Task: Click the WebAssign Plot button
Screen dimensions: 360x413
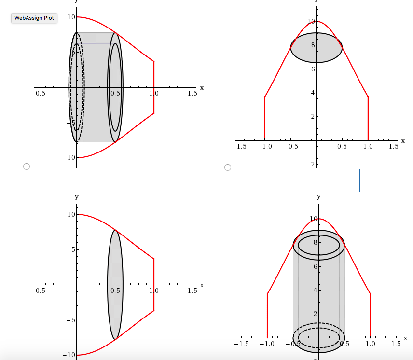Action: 34,18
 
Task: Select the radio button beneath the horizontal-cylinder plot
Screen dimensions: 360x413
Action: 27,166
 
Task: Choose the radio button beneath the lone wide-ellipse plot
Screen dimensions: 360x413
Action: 228,167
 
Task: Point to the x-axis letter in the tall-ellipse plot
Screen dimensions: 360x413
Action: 202,285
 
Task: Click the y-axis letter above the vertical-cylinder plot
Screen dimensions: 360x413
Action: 318,196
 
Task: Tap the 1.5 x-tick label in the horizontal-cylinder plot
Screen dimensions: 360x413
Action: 192,94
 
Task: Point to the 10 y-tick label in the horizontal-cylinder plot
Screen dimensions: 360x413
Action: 71,17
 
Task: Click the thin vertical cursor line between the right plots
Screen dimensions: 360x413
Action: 359,180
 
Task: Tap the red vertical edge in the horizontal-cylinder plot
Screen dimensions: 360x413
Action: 154,87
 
